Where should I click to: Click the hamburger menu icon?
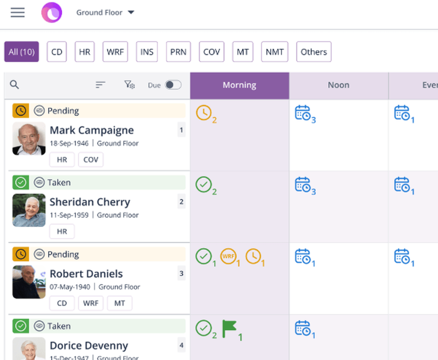18,12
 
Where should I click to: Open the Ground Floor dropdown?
105,12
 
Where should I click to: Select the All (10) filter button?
21,52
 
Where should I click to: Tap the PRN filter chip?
178,52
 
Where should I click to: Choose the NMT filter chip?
275,52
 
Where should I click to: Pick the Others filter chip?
314,52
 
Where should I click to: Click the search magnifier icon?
14,85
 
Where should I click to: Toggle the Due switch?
173,85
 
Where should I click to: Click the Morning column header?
239,85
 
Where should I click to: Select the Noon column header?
339,85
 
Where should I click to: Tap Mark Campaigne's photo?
29,139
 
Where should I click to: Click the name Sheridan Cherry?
90,202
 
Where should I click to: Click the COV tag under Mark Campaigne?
91,160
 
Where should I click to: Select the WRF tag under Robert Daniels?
91,303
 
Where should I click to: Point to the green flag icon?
229,328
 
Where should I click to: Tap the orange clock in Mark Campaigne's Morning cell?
203,113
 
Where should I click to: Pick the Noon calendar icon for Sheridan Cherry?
303,185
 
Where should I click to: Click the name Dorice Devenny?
89,346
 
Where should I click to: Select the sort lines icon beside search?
101,85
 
